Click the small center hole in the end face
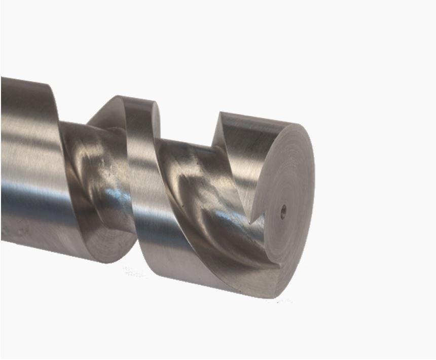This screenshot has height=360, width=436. (283, 208)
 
